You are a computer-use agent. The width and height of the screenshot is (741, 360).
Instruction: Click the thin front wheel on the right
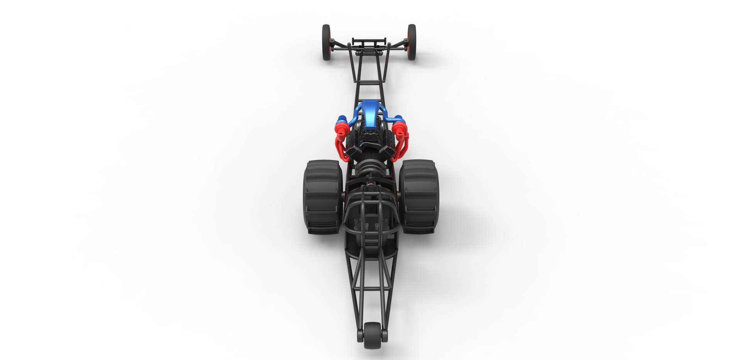[412, 42]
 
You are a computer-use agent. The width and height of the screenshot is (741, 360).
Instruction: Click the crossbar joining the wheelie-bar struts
[371, 288]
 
